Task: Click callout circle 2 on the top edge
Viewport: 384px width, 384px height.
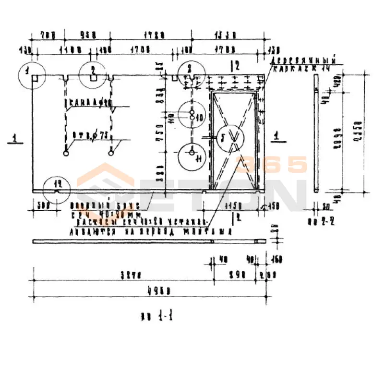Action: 94,75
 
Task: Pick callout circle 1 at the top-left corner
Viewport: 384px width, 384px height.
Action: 31,75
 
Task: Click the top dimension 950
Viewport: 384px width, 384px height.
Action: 87,35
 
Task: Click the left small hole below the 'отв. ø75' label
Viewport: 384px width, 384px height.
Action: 66,153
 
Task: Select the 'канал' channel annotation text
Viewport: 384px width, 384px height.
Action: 89,102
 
